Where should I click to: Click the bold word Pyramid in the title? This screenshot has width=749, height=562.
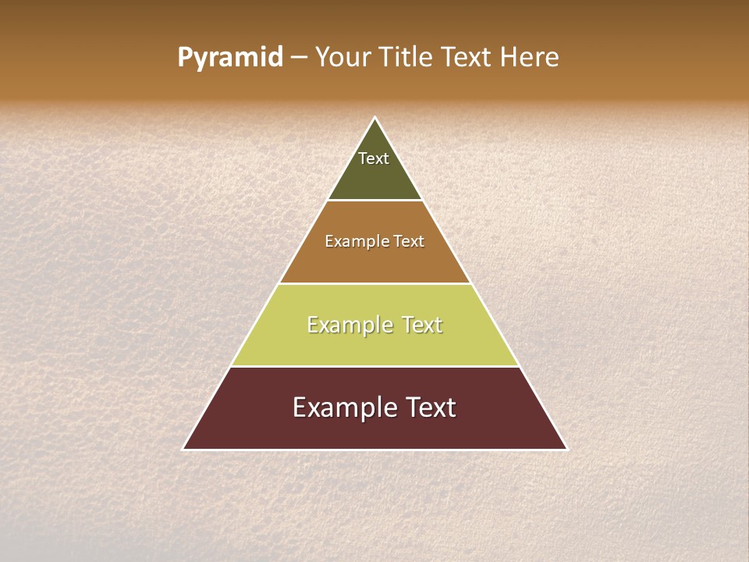[229, 58]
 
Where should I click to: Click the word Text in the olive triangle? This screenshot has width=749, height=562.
[374, 158]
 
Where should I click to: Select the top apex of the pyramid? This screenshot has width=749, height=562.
[375, 119]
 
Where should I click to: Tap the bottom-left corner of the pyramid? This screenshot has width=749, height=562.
[184, 449]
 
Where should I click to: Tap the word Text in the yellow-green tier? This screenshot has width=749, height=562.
[422, 325]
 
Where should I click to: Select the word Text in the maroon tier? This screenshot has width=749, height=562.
[428, 408]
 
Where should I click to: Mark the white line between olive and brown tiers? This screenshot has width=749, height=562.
[374, 201]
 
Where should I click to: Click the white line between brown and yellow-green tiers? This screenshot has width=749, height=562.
[374, 283]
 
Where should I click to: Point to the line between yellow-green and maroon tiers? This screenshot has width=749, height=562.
[374, 367]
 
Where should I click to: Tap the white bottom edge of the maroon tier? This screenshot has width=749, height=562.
[374, 450]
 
